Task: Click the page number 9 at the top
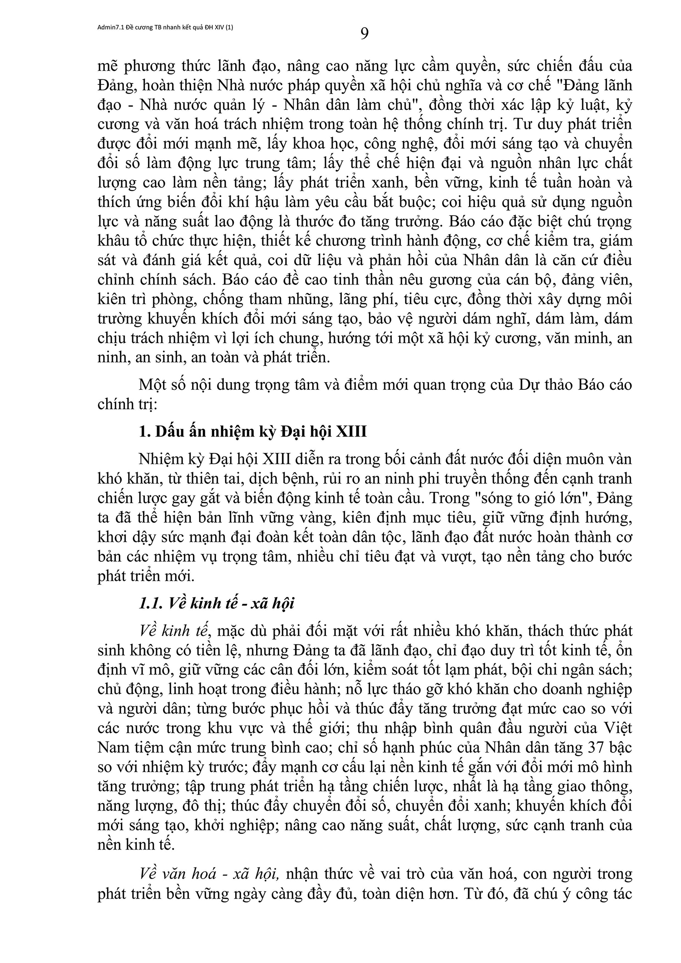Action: coord(364,34)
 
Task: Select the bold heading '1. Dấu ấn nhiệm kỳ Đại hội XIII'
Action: coord(252,431)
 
